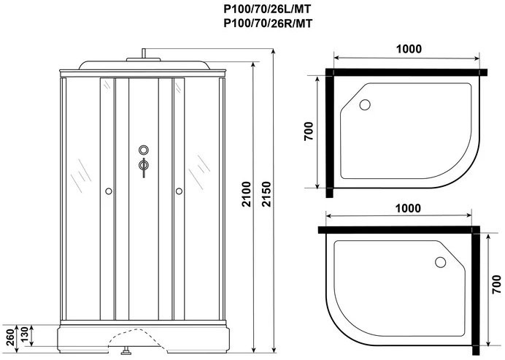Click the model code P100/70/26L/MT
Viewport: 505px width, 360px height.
coord(267,9)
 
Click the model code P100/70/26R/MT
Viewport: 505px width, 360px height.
coord(268,23)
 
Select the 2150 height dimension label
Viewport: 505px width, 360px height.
coord(266,194)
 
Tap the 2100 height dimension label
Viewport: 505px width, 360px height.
coord(247,194)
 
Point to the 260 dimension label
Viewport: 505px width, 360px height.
coord(10,337)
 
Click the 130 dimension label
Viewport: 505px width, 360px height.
coord(25,335)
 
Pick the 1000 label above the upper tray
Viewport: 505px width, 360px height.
coord(409,49)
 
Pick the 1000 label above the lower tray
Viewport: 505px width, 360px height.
coord(408,208)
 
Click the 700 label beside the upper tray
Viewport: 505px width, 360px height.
coord(308,131)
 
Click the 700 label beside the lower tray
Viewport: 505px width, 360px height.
coord(496,284)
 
